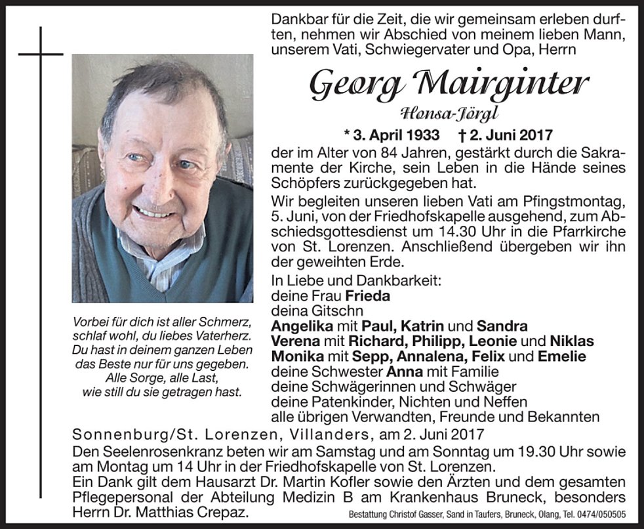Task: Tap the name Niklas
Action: [x=571, y=341]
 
